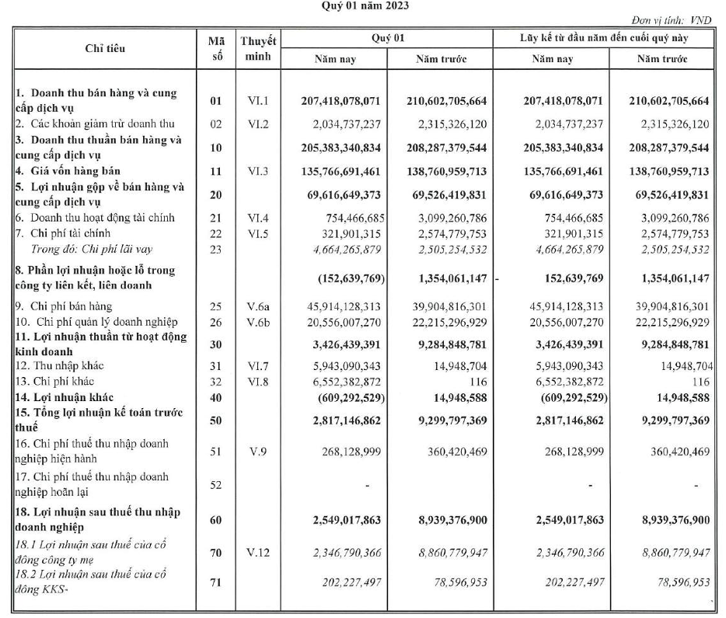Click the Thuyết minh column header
click(260, 48)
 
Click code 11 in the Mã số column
click(215, 169)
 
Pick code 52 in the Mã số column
click(215, 485)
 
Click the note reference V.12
click(259, 553)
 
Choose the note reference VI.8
click(259, 383)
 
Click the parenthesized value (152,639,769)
click(347, 278)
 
